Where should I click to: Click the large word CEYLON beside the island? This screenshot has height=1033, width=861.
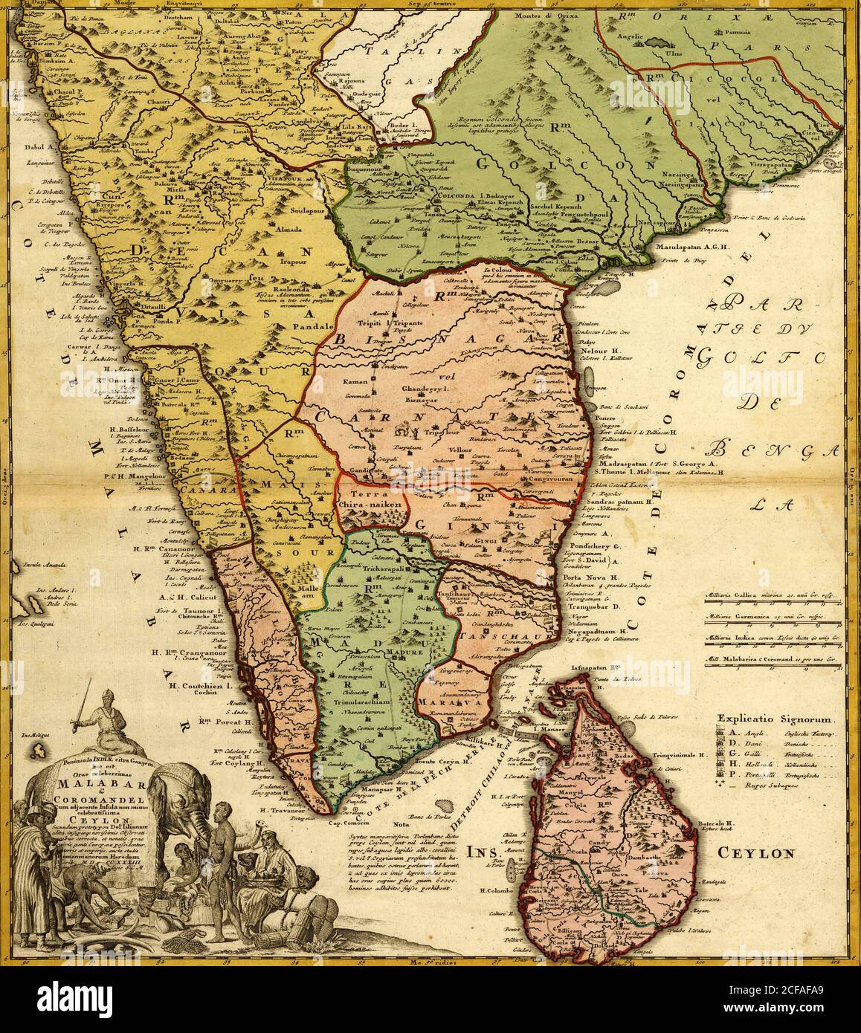pyautogui.click(x=756, y=852)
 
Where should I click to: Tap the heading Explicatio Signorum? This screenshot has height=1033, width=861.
pyautogui.click(x=777, y=719)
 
